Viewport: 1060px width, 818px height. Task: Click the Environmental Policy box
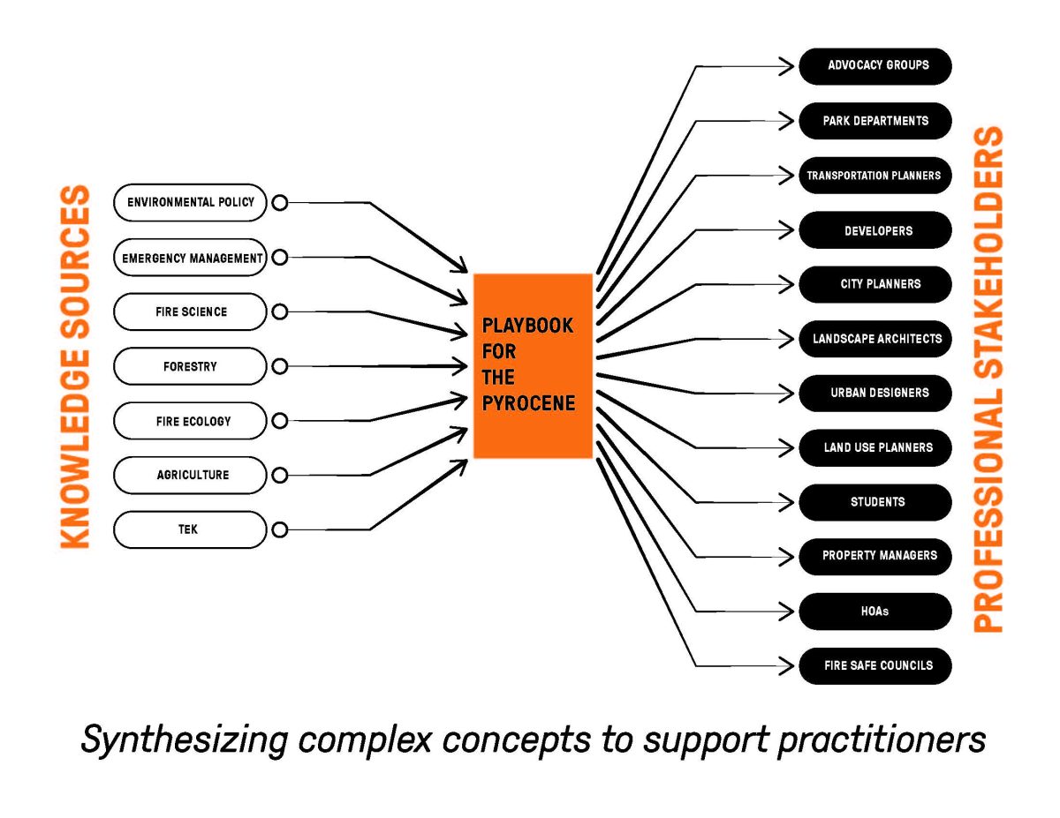pyautogui.click(x=190, y=202)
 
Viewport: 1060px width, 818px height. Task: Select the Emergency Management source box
pyautogui.click(x=190, y=258)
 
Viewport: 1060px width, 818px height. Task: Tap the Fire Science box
pyautogui.click(x=190, y=311)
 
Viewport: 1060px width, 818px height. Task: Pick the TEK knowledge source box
pyautogui.click(x=190, y=529)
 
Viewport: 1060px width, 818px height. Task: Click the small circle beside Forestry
pyautogui.click(x=279, y=366)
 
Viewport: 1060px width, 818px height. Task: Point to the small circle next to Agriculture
pyautogui.click(x=279, y=476)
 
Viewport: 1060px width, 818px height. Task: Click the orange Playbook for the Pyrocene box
pyautogui.click(x=533, y=365)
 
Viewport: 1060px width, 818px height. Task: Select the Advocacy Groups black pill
pyautogui.click(x=875, y=65)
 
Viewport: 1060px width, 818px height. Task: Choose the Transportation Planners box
pyautogui.click(x=875, y=175)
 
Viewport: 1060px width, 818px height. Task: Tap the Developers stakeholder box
pyautogui.click(x=875, y=230)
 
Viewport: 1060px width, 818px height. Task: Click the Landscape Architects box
pyautogui.click(x=875, y=338)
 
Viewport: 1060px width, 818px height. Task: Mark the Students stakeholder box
pyautogui.click(x=875, y=502)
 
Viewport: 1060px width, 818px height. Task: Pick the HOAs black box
pyautogui.click(x=875, y=611)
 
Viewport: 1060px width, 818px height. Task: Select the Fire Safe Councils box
pyautogui.click(x=875, y=665)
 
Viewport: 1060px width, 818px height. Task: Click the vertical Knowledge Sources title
pyautogui.click(x=76, y=366)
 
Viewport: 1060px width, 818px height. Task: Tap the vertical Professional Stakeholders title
pyautogui.click(x=989, y=379)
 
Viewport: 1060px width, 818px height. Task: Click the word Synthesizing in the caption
pyautogui.click(x=183, y=739)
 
